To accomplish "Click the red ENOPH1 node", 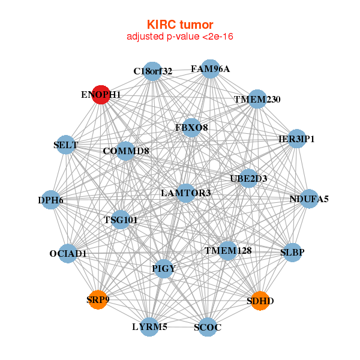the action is coord(101,94).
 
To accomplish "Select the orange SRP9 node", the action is coord(98,299).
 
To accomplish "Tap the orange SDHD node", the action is coord(259,300).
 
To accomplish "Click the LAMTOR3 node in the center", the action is coord(187,193).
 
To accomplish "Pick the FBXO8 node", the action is coord(191,127).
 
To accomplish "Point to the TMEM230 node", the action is coord(257,99).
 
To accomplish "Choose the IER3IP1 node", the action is coord(297,139).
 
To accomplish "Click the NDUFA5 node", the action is coord(309,199).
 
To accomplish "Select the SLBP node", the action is coord(292,252).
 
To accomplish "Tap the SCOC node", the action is coord(208,327).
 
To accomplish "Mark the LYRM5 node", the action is coord(149,327).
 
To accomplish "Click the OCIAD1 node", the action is coord(68,253).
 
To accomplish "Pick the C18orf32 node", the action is coord(152,71).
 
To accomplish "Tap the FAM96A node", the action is coord(210,68).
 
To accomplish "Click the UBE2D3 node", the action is coord(248,178).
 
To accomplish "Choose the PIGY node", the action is coord(164,268).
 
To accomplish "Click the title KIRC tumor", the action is coord(180,25).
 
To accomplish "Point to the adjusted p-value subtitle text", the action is coord(180,37).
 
